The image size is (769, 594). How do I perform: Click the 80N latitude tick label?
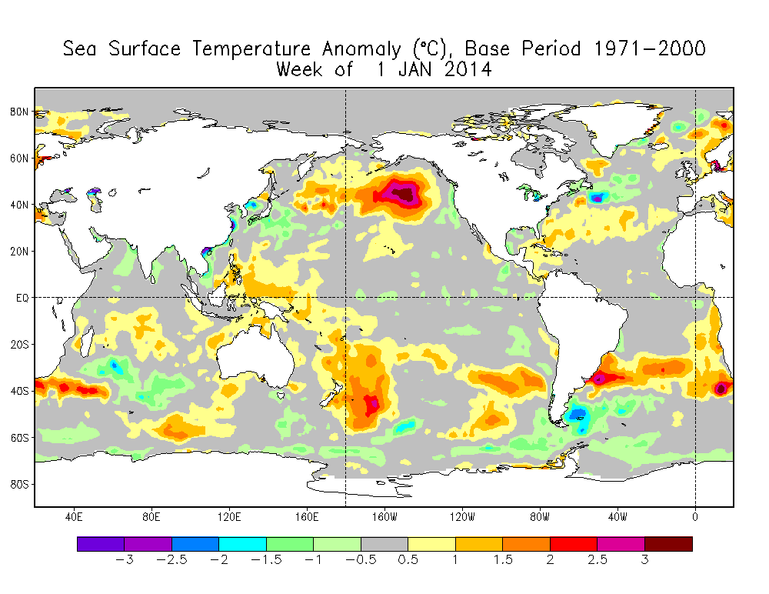(19, 112)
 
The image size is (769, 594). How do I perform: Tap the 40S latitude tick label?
(19, 391)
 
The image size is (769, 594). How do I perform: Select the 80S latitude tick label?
(19, 484)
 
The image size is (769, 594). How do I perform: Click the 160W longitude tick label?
(384, 516)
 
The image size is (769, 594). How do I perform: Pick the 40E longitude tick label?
(74, 516)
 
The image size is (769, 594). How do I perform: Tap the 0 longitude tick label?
(695, 516)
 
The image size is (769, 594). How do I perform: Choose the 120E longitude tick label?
(229, 516)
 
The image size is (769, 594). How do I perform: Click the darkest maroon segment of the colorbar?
(668, 544)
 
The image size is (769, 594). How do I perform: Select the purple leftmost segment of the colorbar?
(101, 544)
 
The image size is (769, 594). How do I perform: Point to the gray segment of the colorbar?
(384, 544)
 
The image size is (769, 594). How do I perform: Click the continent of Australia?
(250, 362)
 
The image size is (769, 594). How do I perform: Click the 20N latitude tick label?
(19, 251)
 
